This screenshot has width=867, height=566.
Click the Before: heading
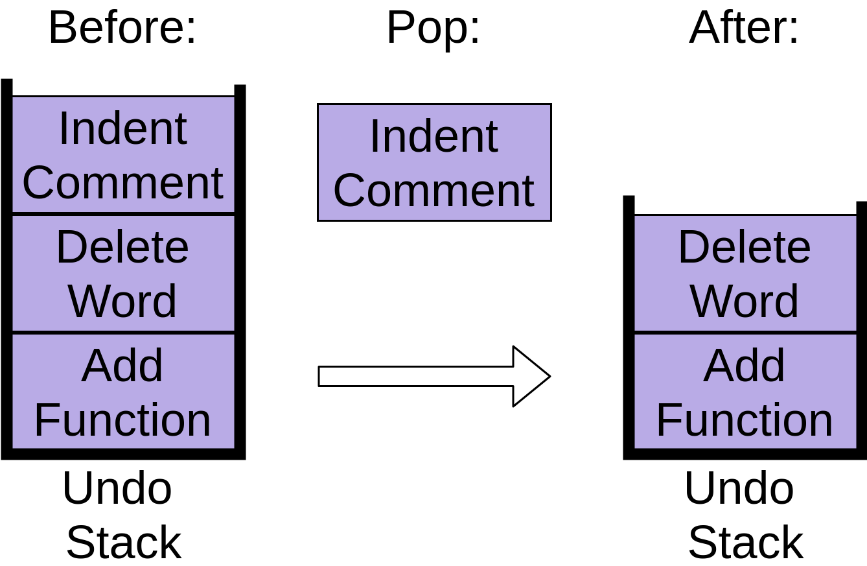coord(122,27)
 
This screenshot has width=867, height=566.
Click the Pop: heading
coord(433,27)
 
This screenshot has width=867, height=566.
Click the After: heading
coord(744,27)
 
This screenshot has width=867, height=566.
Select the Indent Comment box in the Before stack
coord(123,155)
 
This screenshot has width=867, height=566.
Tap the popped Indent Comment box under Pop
coord(434,162)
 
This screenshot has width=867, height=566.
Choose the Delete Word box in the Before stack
coord(123,274)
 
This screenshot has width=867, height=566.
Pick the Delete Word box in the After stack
coord(745,274)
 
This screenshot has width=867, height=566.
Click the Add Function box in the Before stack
coord(123,392)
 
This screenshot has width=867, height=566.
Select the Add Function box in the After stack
coord(745,392)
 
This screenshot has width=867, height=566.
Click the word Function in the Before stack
coord(123,420)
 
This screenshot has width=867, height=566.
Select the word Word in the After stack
coord(745,301)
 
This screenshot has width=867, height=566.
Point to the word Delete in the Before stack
coord(123,247)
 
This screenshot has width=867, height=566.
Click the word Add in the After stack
coord(745,366)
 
